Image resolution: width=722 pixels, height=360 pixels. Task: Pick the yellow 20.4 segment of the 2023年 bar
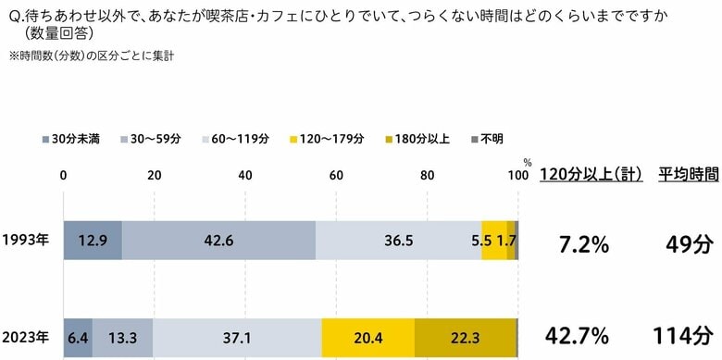point(367,337)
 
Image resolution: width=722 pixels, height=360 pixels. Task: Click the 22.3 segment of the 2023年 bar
point(465,337)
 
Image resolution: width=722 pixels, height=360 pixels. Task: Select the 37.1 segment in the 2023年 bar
point(237,337)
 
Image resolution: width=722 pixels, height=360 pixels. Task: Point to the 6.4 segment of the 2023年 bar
point(77,337)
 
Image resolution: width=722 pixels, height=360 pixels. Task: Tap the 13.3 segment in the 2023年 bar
point(122,337)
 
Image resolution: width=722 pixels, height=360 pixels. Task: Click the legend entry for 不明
point(485,139)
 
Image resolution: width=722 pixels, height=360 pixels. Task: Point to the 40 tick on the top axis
point(245,176)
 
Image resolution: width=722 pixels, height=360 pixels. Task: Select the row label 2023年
point(25,337)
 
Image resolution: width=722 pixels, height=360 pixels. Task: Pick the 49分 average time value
point(688,244)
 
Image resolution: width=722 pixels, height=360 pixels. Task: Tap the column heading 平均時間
point(688,174)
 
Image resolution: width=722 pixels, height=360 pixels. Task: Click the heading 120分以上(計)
point(591,174)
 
